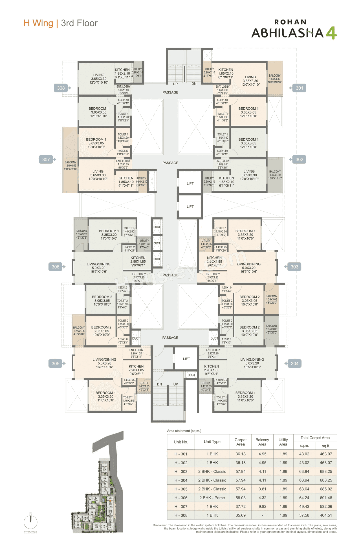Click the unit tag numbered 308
61,88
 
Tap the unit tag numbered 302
299,159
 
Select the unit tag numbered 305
56,363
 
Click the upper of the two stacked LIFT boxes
190,183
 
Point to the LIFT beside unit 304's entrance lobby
186,359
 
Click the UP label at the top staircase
175,84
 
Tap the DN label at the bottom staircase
159,384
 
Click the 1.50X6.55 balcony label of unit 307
71,166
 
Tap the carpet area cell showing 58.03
241,498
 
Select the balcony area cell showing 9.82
262,507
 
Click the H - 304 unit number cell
181,480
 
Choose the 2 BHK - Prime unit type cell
212,498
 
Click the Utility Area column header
283,442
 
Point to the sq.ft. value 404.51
326,515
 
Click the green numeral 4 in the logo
331,33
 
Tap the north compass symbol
30,521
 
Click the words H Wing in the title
38,23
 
